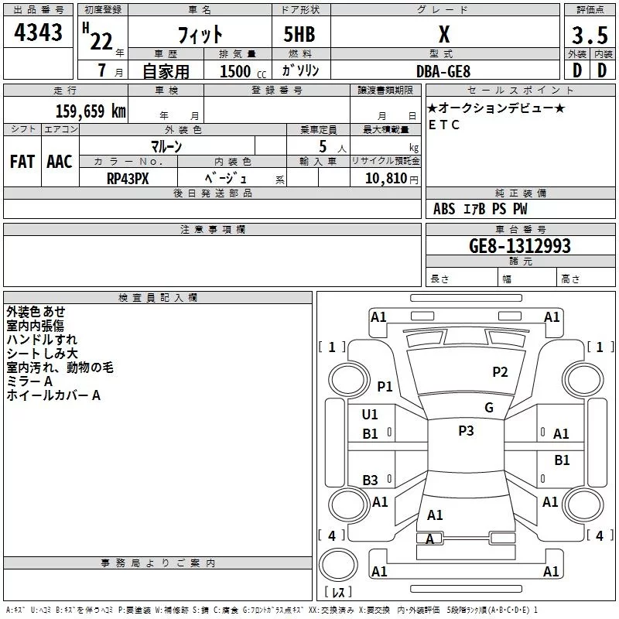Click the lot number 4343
click(38, 32)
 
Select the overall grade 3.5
click(590, 35)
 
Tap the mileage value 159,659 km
click(91, 111)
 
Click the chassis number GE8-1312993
click(520, 245)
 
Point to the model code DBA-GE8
click(443, 71)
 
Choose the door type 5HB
click(299, 34)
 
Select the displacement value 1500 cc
click(243, 71)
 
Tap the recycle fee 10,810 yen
click(392, 179)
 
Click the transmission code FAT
click(22, 162)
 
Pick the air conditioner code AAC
click(60, 162)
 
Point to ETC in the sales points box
click(443, 125)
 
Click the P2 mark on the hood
click(500, 371)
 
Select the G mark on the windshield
click(489, 407)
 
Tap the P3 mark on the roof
click(466, 430)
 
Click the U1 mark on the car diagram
click(370, 414)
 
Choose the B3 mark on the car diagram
click(370, 480)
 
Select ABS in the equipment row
click(443, 209)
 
